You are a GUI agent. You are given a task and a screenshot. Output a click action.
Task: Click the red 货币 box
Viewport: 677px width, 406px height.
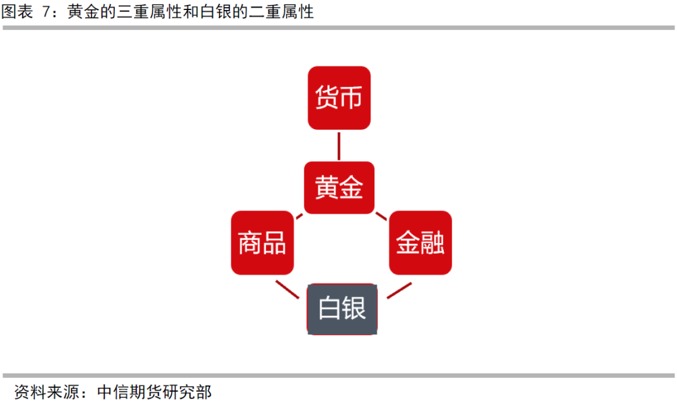(338, 98)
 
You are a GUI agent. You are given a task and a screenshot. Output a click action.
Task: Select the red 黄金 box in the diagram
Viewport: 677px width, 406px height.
(338, 187)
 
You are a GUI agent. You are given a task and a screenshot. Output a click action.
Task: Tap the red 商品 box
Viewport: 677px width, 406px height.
(262, 242)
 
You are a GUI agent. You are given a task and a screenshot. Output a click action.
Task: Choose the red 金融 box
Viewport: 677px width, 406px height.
(420, 242)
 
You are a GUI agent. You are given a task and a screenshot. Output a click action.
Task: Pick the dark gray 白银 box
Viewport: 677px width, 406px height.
(342, 308)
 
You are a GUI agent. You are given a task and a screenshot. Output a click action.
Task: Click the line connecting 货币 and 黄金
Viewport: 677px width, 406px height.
(338, 145)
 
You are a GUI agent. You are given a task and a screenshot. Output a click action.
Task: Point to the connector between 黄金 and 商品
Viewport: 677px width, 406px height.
(300, 216)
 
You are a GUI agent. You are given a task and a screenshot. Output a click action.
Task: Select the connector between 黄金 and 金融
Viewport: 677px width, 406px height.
(380, 216)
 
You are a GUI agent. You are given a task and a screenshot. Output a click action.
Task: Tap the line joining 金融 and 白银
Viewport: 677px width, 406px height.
(399, 290)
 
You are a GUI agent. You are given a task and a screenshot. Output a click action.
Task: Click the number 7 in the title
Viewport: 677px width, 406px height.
(46, 12)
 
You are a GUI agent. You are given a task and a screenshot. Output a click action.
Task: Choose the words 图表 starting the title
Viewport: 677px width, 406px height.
(17, 12)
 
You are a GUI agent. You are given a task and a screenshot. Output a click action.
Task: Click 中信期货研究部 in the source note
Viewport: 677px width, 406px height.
(154, 392)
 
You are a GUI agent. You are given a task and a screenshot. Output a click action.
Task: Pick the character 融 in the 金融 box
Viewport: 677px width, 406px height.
(433, 243)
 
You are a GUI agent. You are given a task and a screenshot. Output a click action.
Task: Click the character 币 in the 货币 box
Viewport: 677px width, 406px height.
(352, 98)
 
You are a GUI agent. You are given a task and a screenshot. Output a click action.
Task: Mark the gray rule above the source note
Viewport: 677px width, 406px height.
(338, 375)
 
